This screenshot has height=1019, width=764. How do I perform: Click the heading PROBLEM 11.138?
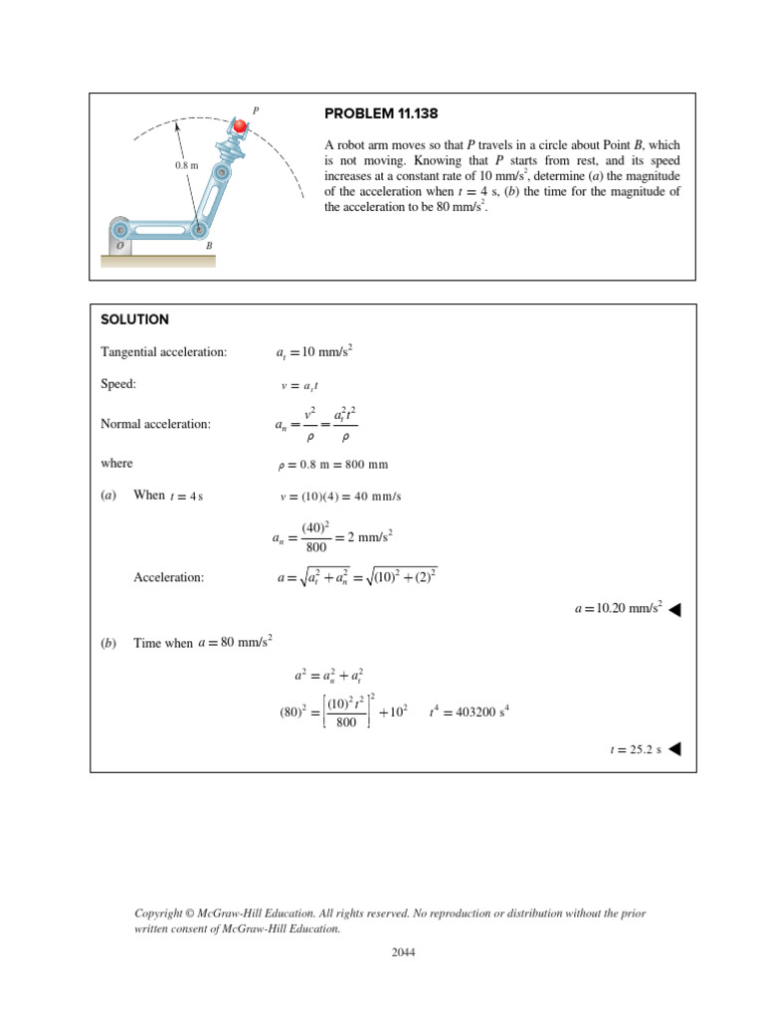click(x=380, y=114)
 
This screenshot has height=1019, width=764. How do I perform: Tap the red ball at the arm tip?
click(x=240, y=126)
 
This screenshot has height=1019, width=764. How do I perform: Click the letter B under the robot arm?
click(x=208, y=245)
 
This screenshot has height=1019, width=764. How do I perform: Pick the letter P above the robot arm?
click(x=256, y=110)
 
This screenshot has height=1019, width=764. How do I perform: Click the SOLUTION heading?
click(x=135, y=319)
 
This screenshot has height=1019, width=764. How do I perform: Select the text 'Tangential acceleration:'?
click(x=164, y=352)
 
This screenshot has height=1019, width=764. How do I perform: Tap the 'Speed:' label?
click(x=118, y=383)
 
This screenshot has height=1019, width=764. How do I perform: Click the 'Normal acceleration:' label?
click(x=156, y=424)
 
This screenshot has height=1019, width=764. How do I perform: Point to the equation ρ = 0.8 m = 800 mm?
click(x=343, y=465)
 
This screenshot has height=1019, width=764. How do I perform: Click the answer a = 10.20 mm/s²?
click(x=618, y=608)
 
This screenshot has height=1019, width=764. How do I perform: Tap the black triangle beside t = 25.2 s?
click(x=674, y=749)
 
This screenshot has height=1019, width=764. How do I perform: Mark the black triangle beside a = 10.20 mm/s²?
click(x=674, y=609)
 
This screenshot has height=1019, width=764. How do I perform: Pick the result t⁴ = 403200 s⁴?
click(x=470, y=712)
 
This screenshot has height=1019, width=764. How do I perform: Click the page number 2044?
click(x=402, y=952)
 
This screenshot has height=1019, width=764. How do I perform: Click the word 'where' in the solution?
click(x=116, y=464)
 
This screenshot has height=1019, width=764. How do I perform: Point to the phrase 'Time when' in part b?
click(x=163, y=644)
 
